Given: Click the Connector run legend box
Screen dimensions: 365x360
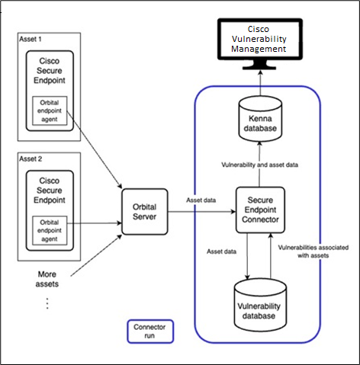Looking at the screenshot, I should point(149,331).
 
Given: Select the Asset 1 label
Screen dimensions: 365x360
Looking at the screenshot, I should point(31,38).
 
